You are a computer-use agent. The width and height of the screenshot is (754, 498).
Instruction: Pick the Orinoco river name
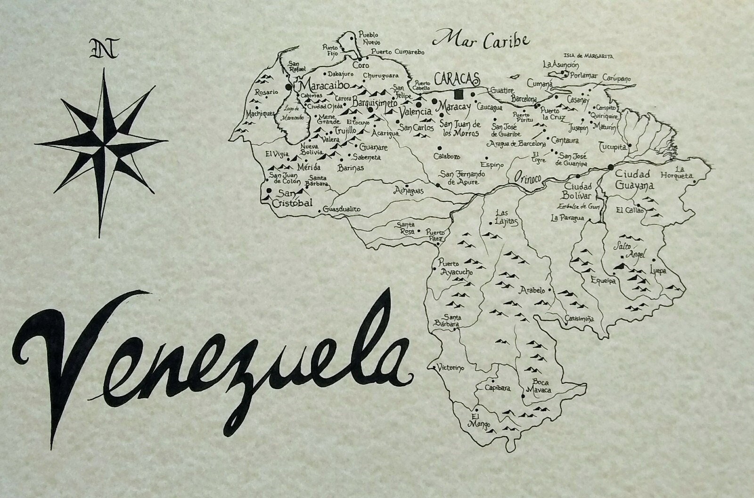(529, 177)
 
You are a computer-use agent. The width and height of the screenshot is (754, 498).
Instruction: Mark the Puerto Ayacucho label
(455, 268)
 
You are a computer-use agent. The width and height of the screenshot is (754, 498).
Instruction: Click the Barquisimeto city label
(375, 103)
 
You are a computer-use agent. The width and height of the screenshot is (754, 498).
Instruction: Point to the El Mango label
(477, 420)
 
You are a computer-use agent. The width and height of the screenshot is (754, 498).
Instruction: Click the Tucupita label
(613, 147)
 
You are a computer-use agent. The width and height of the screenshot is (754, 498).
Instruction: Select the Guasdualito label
(342, 208)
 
